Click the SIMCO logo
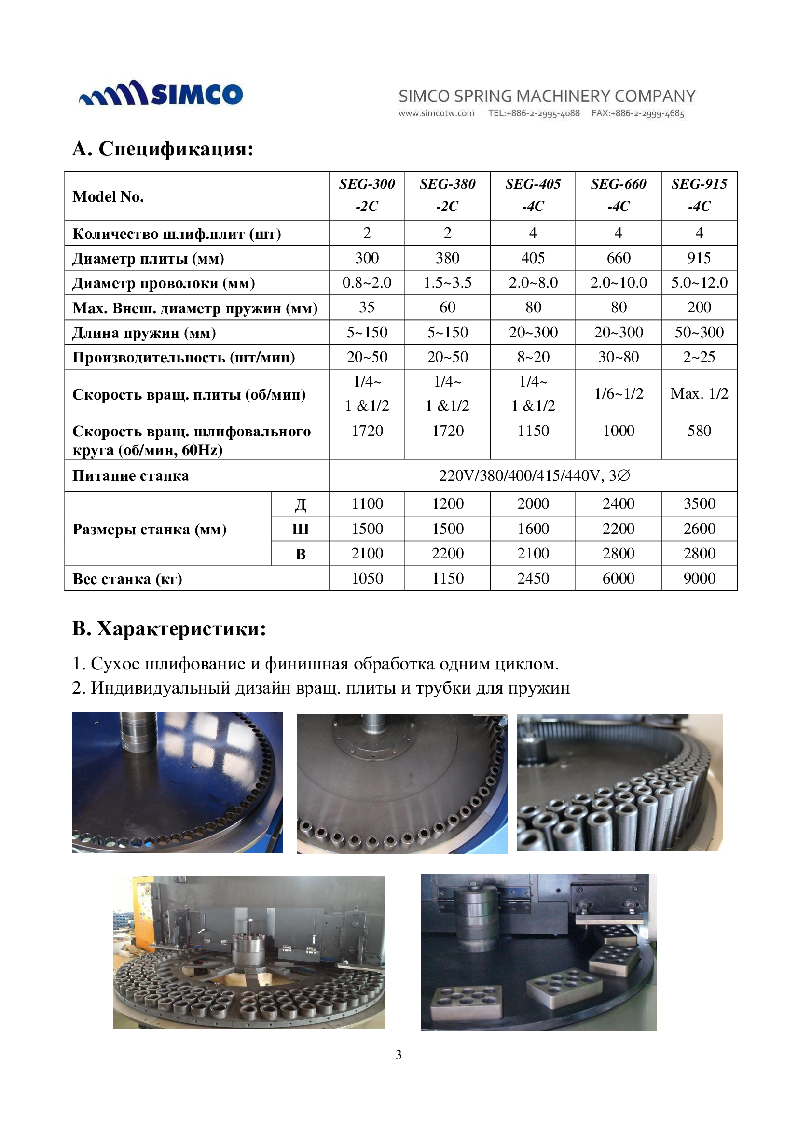coord(161,93)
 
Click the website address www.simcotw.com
coord(436,113)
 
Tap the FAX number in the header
coord(637,113)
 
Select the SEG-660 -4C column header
coord(618,195)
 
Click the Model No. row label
coord(108,196)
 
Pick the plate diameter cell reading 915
coord(699,258)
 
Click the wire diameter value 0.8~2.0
coord(367,283)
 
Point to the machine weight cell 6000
coord(618,578)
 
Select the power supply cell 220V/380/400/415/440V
coord(534,475)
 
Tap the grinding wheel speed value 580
coord(699,431)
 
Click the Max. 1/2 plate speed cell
coord(699,393)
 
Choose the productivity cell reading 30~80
coord(618,357)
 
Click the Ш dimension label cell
coord(300,529)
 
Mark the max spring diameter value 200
coord(699,307)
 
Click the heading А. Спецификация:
coord(163,149)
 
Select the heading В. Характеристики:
coord(169,628)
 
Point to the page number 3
coord(399,1055)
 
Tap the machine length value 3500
coord(699,503)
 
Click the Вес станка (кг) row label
coord(127,579)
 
